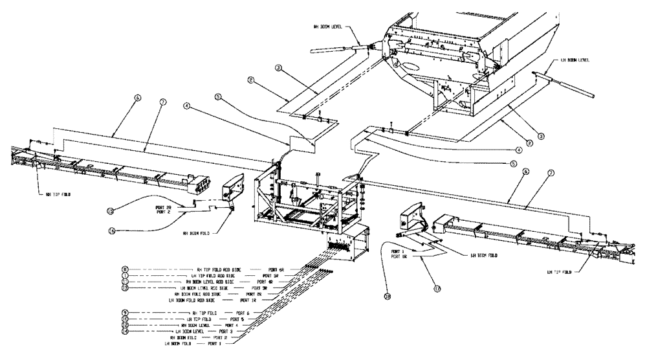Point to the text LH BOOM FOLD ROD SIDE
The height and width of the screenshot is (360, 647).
[192, 300]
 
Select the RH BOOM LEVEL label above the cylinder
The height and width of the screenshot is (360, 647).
[329, 27]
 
